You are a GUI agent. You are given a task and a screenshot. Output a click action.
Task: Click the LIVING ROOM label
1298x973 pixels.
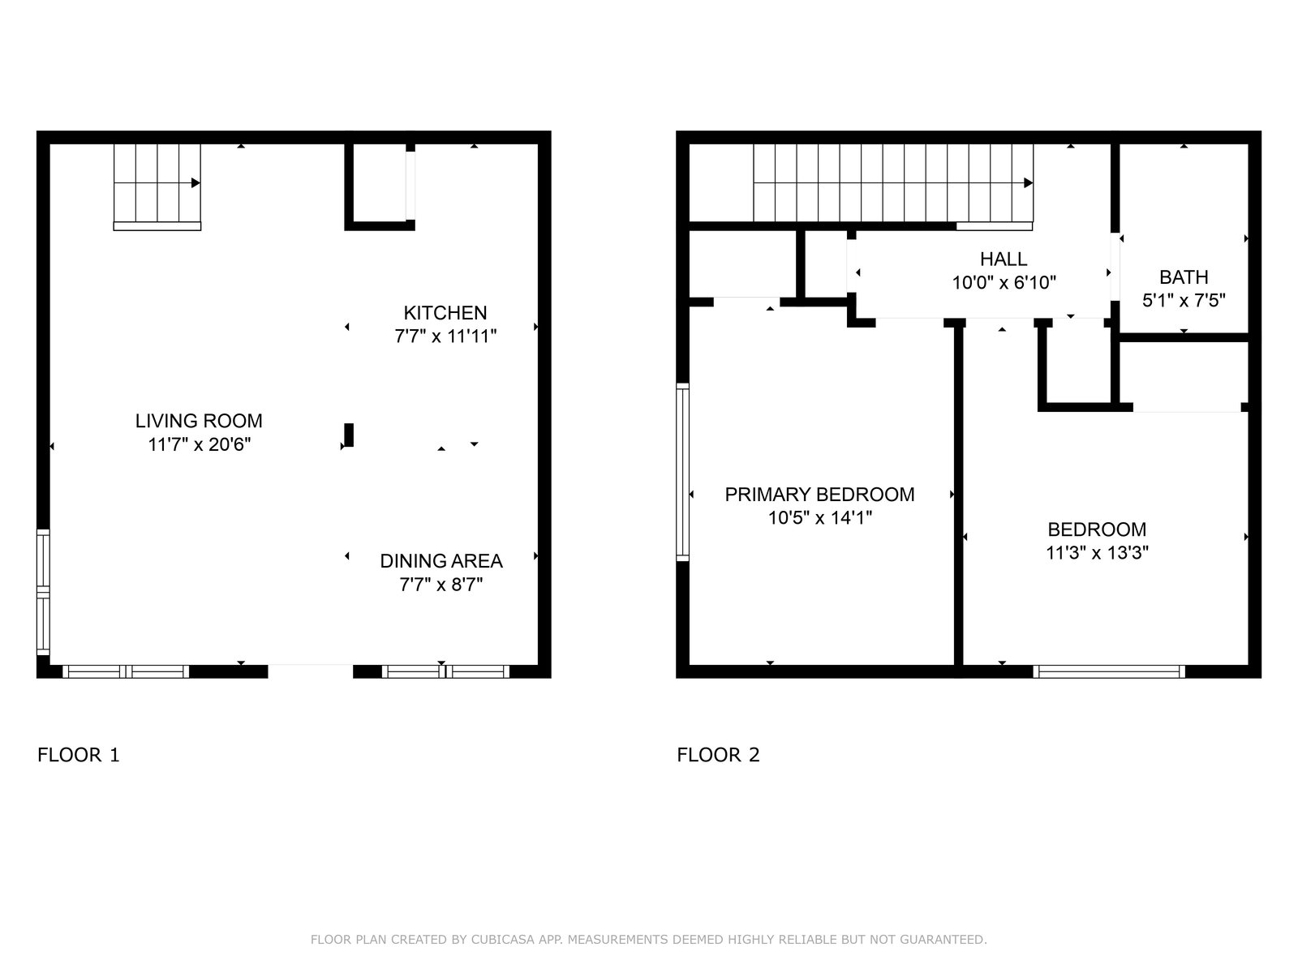199,421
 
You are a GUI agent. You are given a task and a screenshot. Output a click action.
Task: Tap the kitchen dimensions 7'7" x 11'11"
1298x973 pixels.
445,336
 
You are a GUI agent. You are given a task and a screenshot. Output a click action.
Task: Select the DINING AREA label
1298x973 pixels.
441,560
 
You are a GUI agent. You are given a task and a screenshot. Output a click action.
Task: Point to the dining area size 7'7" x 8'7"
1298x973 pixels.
441,585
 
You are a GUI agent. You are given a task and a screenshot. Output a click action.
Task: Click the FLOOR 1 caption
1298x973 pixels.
79,754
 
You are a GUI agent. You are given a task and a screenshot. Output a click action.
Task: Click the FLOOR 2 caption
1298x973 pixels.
718,754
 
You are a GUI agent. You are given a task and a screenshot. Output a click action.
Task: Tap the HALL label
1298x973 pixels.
1004,259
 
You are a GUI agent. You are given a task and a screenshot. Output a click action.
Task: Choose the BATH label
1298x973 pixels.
1184,277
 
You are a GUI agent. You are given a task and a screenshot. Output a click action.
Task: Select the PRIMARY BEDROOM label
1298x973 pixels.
819,494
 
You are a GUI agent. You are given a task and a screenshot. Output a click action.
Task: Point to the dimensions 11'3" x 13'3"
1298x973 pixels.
1097,552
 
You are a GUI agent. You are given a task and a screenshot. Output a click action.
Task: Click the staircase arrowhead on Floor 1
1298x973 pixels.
196,183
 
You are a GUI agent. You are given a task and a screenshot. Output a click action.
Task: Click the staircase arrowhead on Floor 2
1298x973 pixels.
1029,183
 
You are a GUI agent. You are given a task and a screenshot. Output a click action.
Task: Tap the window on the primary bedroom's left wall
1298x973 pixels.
682,472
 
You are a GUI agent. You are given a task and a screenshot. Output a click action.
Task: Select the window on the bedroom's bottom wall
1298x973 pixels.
1109,671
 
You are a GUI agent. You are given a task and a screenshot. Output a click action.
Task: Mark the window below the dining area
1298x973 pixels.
445,671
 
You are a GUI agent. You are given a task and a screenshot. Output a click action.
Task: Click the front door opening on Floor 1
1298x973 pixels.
311,671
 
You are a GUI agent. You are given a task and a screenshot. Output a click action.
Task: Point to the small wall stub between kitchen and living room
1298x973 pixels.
349,435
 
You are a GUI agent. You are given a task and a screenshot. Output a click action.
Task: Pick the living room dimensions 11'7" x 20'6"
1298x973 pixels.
200,444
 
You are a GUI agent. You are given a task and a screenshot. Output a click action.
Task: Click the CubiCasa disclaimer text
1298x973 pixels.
649,939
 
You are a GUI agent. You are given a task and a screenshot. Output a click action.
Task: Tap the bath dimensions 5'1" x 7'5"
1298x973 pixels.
1184,301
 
